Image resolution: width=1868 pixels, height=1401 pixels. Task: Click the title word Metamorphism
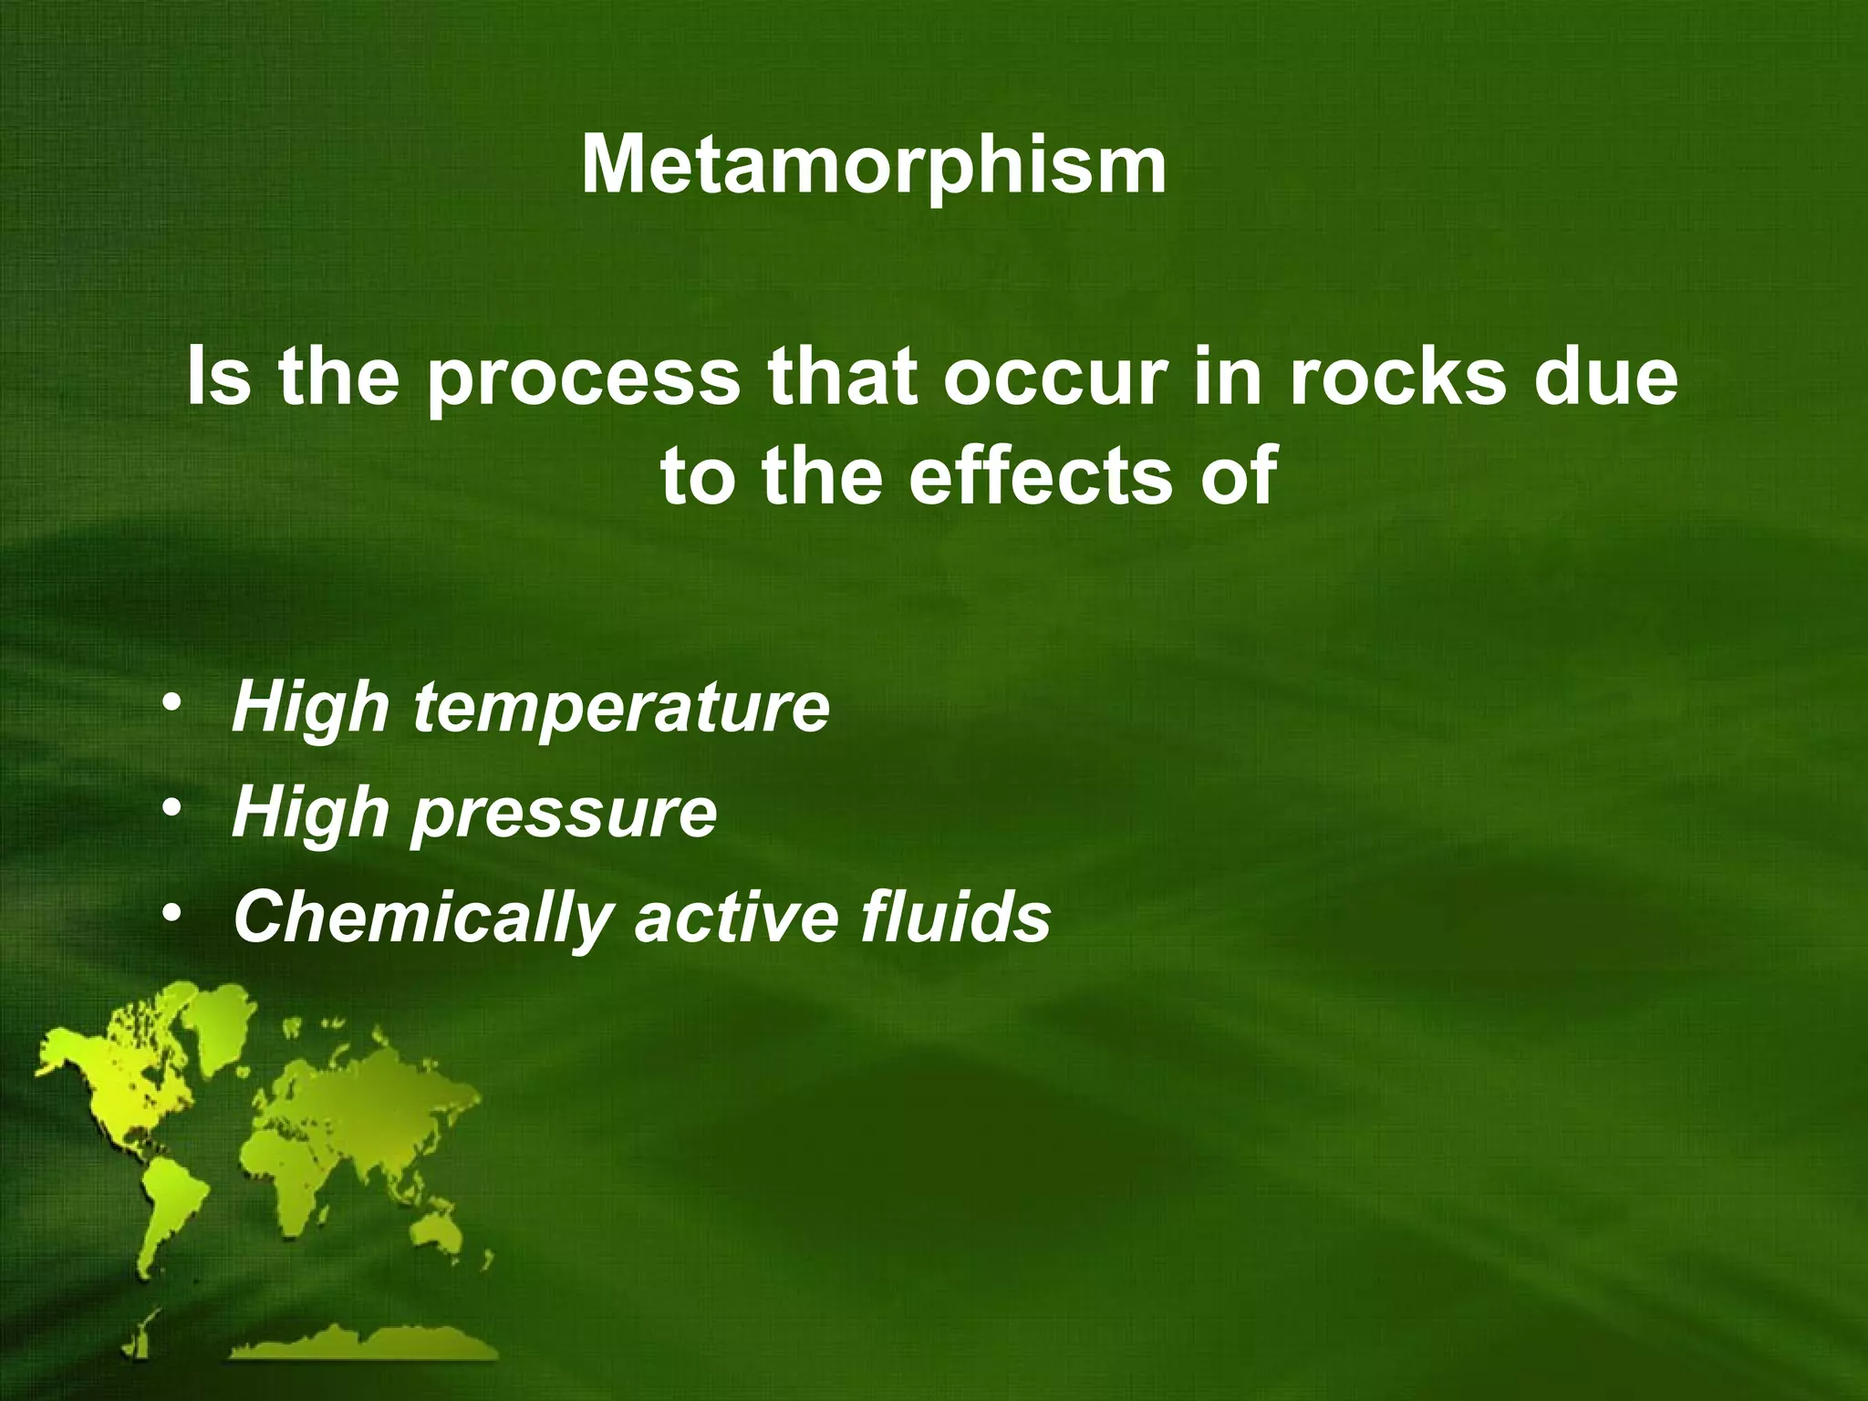873,165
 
